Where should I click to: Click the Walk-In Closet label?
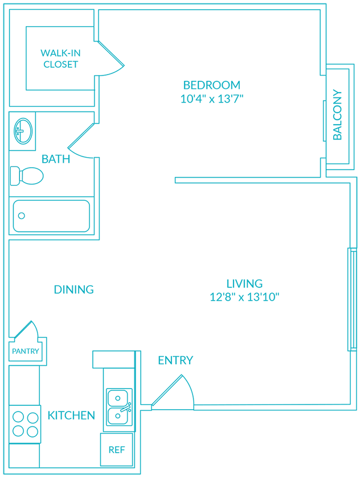point(60,59)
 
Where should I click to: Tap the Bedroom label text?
point(212,85)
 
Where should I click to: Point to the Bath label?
point(56,159)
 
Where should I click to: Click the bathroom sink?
point(22,130)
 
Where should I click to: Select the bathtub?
point(51,216)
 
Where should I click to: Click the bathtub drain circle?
point(22,216)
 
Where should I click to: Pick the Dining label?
point(73,289)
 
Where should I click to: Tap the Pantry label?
point(25,351)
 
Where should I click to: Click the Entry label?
point(175,360)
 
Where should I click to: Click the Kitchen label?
point(71,415)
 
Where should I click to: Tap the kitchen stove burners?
point(26,424)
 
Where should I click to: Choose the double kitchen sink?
point(118,406)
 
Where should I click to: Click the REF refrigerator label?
point(116,450)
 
